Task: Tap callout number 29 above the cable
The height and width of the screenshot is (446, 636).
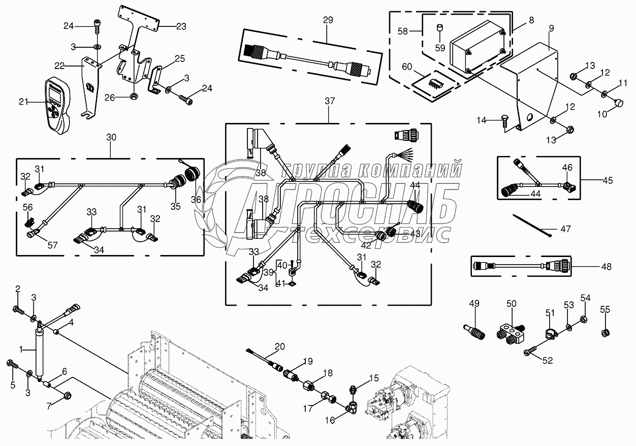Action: [x=328, y=20]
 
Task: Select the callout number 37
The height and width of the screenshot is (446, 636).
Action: [x=330, y=101]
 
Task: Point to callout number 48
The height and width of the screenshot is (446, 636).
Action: [x=606, y=266]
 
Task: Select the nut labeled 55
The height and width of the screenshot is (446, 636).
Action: [x=605, y=333]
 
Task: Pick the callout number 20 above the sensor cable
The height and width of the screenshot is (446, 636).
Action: [x=279, y=347]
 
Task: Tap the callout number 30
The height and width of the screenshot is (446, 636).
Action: [x=111, y=137]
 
